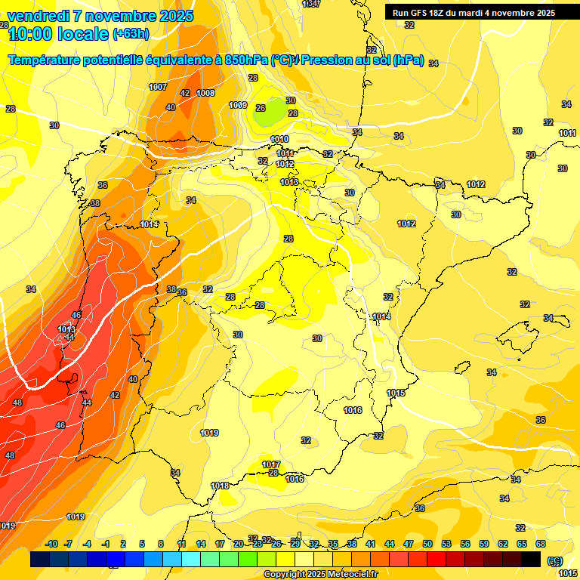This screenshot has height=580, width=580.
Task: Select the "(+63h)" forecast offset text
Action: (x=131, y=34)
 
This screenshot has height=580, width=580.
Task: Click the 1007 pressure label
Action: (x=158, y=87)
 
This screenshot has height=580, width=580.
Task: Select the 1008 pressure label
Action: (x=205, y=93)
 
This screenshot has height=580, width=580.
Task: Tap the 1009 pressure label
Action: (x=238, y=105)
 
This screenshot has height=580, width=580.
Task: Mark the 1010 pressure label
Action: (x=279, y=139)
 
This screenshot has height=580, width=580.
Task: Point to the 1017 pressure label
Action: (x=271, y=464)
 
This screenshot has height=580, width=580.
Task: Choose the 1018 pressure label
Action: (x=220, y=486)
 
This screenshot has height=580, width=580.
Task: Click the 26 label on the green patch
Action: (x=261, y=108)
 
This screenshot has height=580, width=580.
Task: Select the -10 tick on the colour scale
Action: (x=52, y=544)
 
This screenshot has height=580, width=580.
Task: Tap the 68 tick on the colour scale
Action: (x=541, y=544)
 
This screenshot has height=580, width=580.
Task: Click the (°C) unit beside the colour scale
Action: (x=555, y=560)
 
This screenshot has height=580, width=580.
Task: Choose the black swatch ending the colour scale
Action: (x=531, y=559)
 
